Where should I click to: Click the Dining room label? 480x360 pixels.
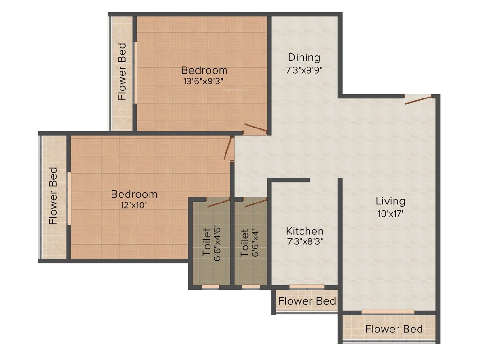[304, 58]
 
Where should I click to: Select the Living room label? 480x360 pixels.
[390, 201]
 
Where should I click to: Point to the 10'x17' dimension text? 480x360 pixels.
[390, 213]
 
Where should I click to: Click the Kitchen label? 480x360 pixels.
[305, 231]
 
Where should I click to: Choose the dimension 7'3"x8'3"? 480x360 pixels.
[305, 242]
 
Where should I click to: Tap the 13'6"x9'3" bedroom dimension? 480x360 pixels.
[204, 81]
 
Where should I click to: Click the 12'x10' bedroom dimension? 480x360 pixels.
[134, 204]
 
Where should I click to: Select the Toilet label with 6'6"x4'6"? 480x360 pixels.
[207, 242]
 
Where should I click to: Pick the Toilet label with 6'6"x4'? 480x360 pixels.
[244, 242]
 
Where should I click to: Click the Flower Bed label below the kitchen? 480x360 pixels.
[307, 300]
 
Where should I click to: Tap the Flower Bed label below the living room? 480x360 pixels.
[394, 329]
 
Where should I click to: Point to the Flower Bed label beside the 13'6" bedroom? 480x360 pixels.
[122, 71]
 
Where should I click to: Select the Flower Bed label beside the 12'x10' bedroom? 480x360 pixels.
[53, 195]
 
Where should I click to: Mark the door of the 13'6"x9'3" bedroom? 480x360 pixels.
[255, 128]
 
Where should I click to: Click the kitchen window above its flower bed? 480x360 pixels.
[307, 286]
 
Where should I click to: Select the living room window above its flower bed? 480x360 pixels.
[388, 312]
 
